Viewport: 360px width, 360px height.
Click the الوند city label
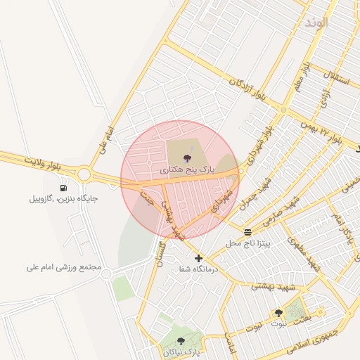click(316, 22)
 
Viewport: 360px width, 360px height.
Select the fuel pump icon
click(64, 188)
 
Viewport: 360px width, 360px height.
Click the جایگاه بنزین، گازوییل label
click(63, 199)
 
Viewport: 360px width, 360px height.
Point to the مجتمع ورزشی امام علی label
click(65, 267)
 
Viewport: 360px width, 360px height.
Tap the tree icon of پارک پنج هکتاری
click(187, 159)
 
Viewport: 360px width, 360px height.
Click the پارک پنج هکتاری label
click(186, 170)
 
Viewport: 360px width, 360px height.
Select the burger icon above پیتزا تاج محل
click(247, 232)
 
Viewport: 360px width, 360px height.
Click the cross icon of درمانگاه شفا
click(199, 258)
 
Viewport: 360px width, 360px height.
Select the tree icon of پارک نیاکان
click(181, 341)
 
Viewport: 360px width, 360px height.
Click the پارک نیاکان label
click(182, 351)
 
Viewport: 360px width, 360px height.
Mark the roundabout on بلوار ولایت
click(85, 174)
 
